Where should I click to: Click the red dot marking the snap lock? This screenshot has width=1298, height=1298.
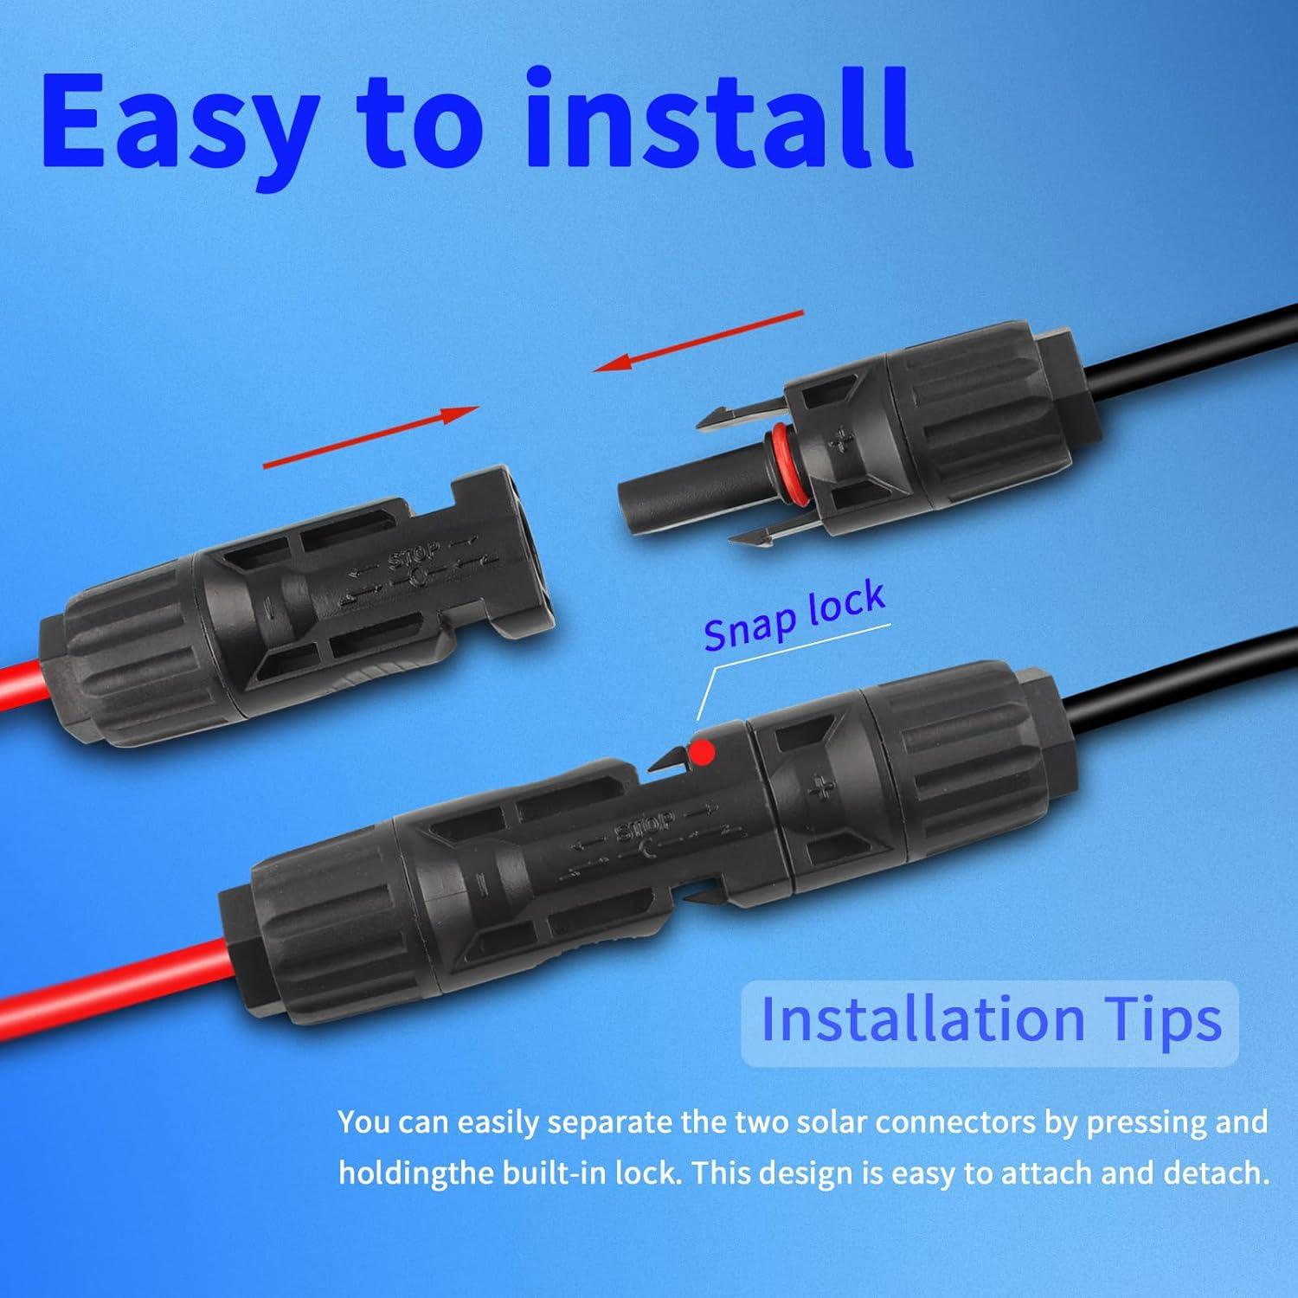point(705,749)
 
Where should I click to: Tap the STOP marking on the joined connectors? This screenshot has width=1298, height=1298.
point(644,827)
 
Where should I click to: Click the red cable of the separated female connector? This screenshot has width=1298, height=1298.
point(22,697)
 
